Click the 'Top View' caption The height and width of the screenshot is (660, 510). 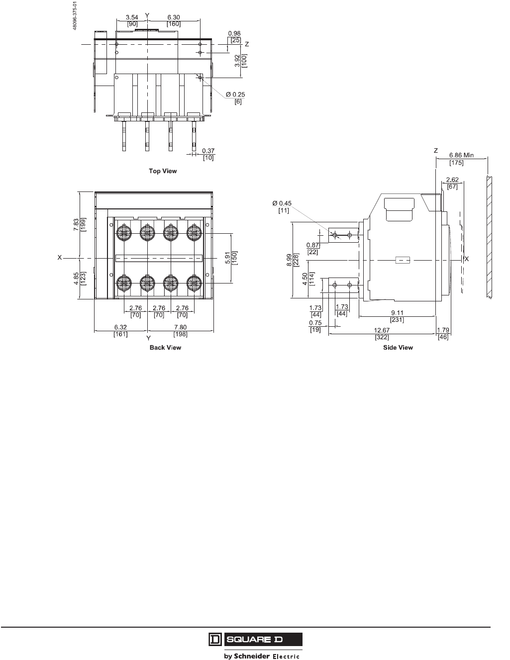[x=163, y=171]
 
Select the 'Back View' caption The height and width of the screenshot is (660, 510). [x=165, y=348]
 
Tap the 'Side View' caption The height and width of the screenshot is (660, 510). [x=398, y=348]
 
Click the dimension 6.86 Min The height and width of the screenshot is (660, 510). [x=461, y=155]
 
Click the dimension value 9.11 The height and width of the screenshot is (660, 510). [x=397, y=313]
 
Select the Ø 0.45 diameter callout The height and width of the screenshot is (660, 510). [x=281, y=203]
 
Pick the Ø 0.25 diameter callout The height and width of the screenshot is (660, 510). [x=235, y=94]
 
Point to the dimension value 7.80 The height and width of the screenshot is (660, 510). [x=181, y=327]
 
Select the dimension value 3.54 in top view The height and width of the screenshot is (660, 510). [x=132, y=17]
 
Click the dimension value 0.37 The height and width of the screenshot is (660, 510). [x=208, y=151]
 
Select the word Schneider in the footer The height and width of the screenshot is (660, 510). [x=252, y=656]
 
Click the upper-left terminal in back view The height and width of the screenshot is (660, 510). [x=123, y=232]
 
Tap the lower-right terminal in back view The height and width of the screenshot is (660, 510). [x=193, y=283]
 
